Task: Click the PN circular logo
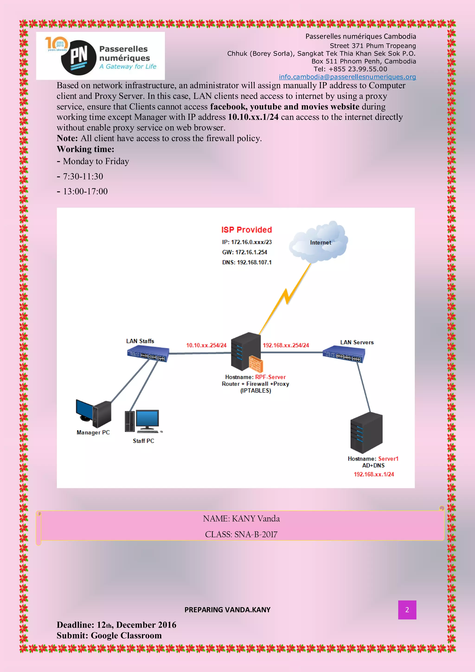point(78,58)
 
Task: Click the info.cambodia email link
point(347,77)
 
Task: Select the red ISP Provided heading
point(247,230)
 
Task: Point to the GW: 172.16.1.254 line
point(244,252)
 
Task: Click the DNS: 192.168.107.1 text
point(247,262)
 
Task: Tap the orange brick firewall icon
point(256,364)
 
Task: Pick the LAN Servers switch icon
point(344,354)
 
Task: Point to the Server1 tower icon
point(366,433)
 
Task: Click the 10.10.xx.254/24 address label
point(206,345)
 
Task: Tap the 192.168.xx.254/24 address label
point(286,345)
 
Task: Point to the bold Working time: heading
point(85,149)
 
